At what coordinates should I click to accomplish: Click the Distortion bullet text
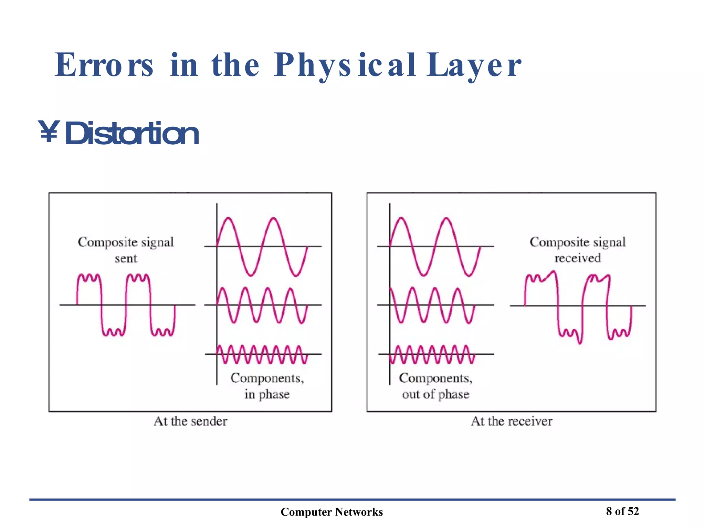131,134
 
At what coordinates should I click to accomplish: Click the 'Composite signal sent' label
126,250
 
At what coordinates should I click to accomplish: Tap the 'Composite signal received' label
578,250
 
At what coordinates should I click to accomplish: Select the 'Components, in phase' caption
267,386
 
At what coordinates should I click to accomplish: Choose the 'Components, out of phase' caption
435,386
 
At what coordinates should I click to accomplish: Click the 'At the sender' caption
190,421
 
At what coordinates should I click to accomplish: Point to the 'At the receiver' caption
512,421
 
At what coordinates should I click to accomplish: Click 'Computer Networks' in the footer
332,512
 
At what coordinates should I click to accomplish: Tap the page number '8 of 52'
622,511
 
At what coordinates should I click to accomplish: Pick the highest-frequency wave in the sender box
262,354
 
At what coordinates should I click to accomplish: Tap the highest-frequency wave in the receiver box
432,354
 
